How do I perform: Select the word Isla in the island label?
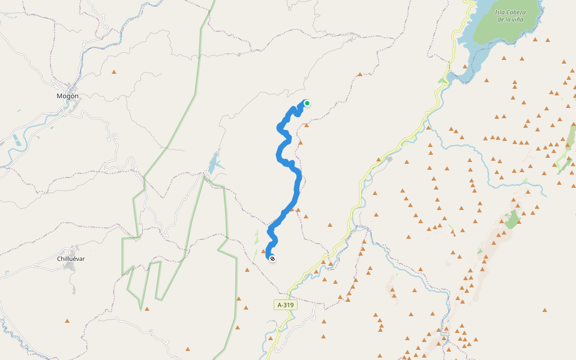point(502,12)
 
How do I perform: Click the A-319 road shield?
point(286,305)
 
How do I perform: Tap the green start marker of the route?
point(307,103)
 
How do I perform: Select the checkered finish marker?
point(272,259)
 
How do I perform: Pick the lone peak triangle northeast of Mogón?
point(113,72)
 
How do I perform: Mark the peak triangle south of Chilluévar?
point(67,320)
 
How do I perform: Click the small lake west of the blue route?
point(214,163)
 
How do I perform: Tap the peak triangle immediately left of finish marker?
point(263,251)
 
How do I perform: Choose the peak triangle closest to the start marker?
point(307,125)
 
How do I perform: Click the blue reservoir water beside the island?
point(474,54)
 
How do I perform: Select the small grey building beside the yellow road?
point(389,159)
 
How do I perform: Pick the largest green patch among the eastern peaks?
point(512,220)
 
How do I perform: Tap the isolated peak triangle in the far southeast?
point(544,310)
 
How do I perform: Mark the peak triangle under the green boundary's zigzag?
point(146,309)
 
